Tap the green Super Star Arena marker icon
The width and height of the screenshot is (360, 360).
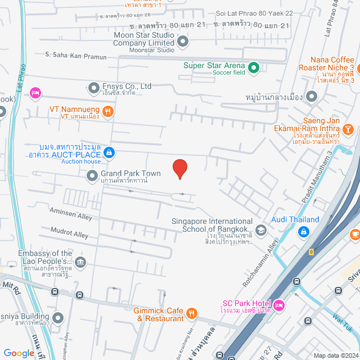click(253, 69)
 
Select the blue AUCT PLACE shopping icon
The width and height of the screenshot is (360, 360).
click(109, 152)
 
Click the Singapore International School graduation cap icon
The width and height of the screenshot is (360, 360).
click(260, 229)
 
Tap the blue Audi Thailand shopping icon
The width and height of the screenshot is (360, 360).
click(303, 231)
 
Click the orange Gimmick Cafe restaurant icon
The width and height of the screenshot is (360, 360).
click(192, 314)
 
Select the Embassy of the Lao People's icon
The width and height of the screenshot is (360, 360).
click(80, 262)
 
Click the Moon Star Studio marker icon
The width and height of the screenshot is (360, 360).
click(183, 42)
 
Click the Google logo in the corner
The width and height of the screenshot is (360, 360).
click(19, 353)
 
